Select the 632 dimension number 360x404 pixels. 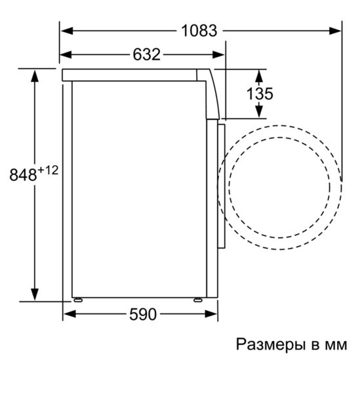[146, 54]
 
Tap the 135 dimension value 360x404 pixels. [260, 94]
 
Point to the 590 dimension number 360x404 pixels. [142, 314]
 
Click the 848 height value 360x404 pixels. [24, 175]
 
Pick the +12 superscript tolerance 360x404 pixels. [48, 171]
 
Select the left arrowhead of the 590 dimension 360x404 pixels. [68, 314]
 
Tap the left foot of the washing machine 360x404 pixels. [79, 300]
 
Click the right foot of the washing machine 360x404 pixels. [197, 300]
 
